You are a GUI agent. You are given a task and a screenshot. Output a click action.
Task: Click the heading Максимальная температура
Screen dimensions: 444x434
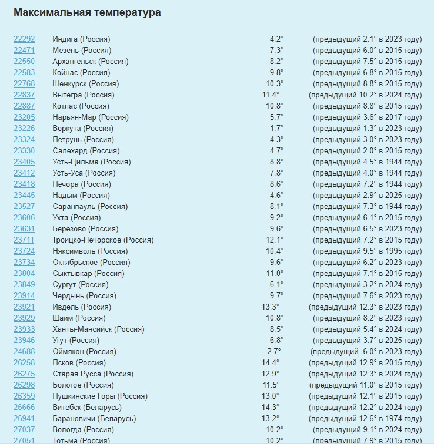[87, 12]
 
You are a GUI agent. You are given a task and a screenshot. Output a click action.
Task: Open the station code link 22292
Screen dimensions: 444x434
[24, 39]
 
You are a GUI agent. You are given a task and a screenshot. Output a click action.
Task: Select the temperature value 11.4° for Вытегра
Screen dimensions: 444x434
[271, 95]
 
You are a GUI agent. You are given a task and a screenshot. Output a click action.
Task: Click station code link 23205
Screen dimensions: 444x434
[24, 117]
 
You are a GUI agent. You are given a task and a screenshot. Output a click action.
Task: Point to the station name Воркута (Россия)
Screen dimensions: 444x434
[83, 129]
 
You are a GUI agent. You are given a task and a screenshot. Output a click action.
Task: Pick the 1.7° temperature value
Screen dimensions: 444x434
[276, 129]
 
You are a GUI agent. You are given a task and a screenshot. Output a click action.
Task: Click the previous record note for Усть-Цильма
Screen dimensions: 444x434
[367, 162]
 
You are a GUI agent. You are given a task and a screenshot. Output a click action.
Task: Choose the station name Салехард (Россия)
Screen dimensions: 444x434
[83, 151]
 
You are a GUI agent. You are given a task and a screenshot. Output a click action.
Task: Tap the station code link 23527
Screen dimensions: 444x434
[24, 207]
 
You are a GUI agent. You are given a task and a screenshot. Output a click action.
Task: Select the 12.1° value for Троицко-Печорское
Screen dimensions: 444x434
[274, 240]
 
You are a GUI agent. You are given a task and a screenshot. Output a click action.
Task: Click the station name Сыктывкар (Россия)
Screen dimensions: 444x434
[88, 274]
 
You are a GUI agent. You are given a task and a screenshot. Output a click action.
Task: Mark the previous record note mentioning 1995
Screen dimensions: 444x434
[367, 251]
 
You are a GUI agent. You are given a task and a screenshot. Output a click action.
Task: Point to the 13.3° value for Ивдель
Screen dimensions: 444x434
[271, 307]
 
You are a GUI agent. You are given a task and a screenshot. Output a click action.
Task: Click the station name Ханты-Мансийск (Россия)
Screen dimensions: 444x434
[98, 329]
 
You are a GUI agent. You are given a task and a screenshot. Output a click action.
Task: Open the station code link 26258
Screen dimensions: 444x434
[24, 363]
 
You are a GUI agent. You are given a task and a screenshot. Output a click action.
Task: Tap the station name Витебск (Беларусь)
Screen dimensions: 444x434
[87, 408]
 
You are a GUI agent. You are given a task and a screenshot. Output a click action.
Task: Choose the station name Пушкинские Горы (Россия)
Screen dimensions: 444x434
[100, 396]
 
